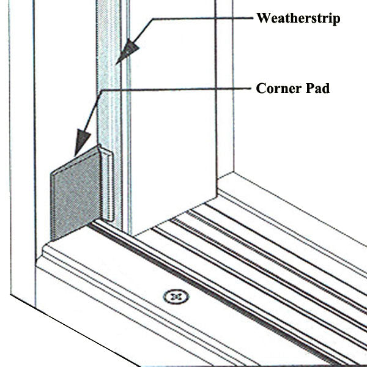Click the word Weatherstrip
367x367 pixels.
298,18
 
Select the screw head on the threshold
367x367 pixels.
176,296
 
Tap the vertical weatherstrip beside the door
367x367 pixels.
110,92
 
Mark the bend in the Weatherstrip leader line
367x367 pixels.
154,19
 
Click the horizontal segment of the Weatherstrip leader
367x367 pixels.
202,19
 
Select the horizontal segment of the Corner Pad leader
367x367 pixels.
177,90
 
